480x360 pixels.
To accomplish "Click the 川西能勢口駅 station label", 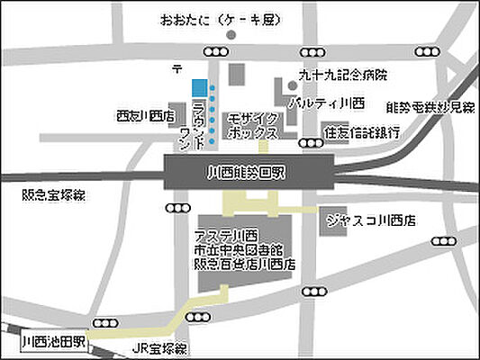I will coord(249,168).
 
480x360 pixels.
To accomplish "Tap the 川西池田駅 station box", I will coord(53,342).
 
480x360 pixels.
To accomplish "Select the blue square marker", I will coord(198,86).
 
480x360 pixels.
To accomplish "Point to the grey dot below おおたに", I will coord(231,35).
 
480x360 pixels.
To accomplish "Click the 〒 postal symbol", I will coord(177,67).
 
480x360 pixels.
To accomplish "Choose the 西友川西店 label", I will coord(145,115).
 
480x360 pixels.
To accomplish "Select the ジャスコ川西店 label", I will coord(372,219).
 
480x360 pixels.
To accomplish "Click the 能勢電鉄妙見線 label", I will coord(430,108).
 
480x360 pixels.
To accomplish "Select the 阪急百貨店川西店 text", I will coord(244,265).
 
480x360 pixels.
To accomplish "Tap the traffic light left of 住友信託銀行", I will coord(311,142).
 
